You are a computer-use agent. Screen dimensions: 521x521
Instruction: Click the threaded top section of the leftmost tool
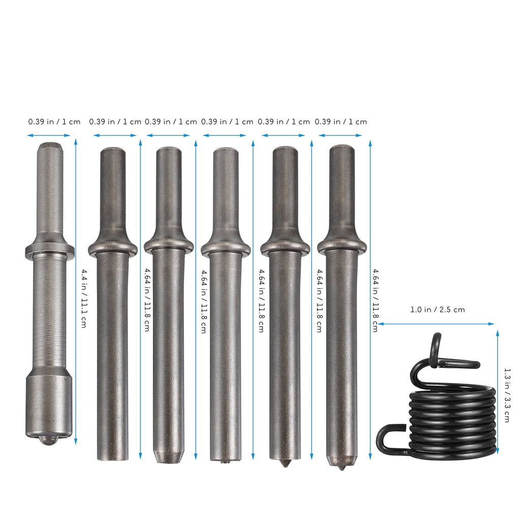[50, 188]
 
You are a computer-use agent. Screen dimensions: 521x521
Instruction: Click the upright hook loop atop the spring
[436, 351]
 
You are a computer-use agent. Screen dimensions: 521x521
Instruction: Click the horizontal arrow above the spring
[437, 324]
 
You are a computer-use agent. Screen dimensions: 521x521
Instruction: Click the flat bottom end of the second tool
[112, 458]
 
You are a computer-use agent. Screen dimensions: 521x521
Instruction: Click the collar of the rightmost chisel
[341, 246]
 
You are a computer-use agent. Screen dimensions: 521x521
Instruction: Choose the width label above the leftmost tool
[54, 122]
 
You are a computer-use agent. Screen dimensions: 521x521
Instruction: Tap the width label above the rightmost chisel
[341, 122]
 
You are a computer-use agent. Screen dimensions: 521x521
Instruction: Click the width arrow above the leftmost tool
[49, 135]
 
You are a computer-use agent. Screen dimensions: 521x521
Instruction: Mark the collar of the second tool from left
[112, 248]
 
